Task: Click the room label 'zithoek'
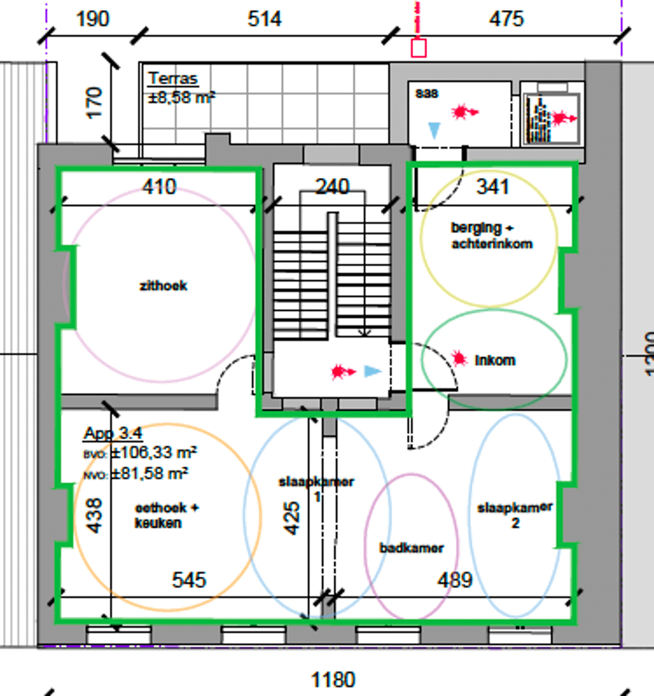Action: pyautogui.click(x=164, y=285)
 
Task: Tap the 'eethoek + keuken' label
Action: pyautogui.click(x=166, y=515)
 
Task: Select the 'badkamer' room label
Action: pyautogui.click(x=411, y=548)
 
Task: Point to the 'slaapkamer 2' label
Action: pyautogui.click(x=514, y=514)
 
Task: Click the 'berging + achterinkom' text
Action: pyautogui.click(x=492, y=235)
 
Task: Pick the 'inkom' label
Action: pyautogui.click(x=495, y=360)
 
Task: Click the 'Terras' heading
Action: pyautogui.click(x=173, y=78)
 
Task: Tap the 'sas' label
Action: pyautogui.click(x=427, y=93)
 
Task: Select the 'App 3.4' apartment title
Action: pyautogui.click(x=113, y=433)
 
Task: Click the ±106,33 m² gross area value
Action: pyautogui.click(x=153, y=452)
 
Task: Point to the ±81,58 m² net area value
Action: pyautogui.click(x=149, y=473)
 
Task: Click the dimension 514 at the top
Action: pyautogui.click(x=264, y=19)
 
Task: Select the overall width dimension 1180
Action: pyautogui.click(x=333, y=679)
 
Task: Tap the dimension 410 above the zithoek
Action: pyautogui.click(x=159, y=187)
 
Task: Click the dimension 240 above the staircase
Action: pyautogui.click(x=332, y=187)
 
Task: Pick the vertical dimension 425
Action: pyautogui.click(x=292, y=517)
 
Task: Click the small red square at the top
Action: pyautogui.click(x=418, y=48)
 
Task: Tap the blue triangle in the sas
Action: pyautogui.click(x=434, y=129)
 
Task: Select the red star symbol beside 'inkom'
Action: pyautogui.click(x=460, y=359)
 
